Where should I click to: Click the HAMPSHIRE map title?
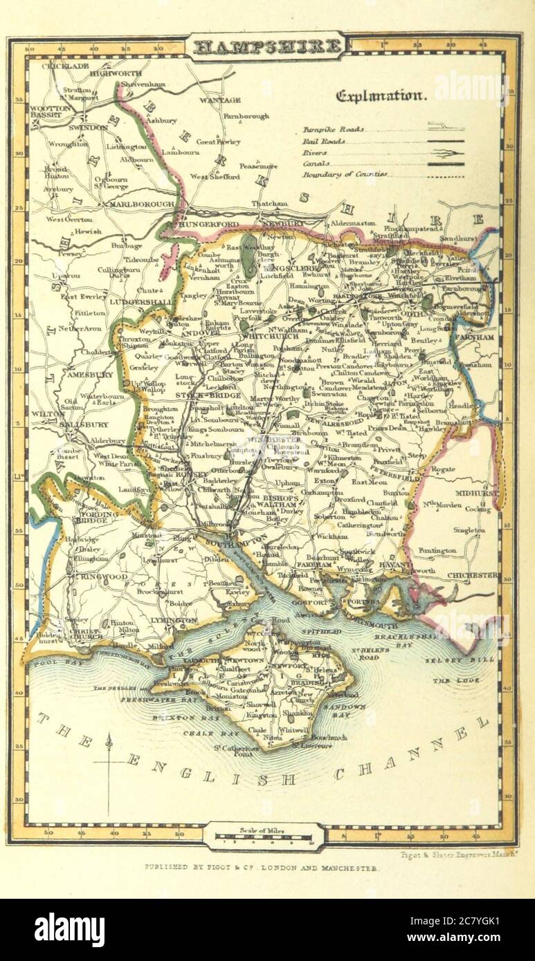268,47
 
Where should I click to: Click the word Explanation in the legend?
381,96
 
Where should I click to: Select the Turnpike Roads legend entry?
333,129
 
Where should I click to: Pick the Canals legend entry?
314,164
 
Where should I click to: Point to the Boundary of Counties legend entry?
344,175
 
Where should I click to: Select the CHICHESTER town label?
472,575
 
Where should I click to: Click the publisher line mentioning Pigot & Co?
260,867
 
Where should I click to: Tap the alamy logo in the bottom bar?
69,930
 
